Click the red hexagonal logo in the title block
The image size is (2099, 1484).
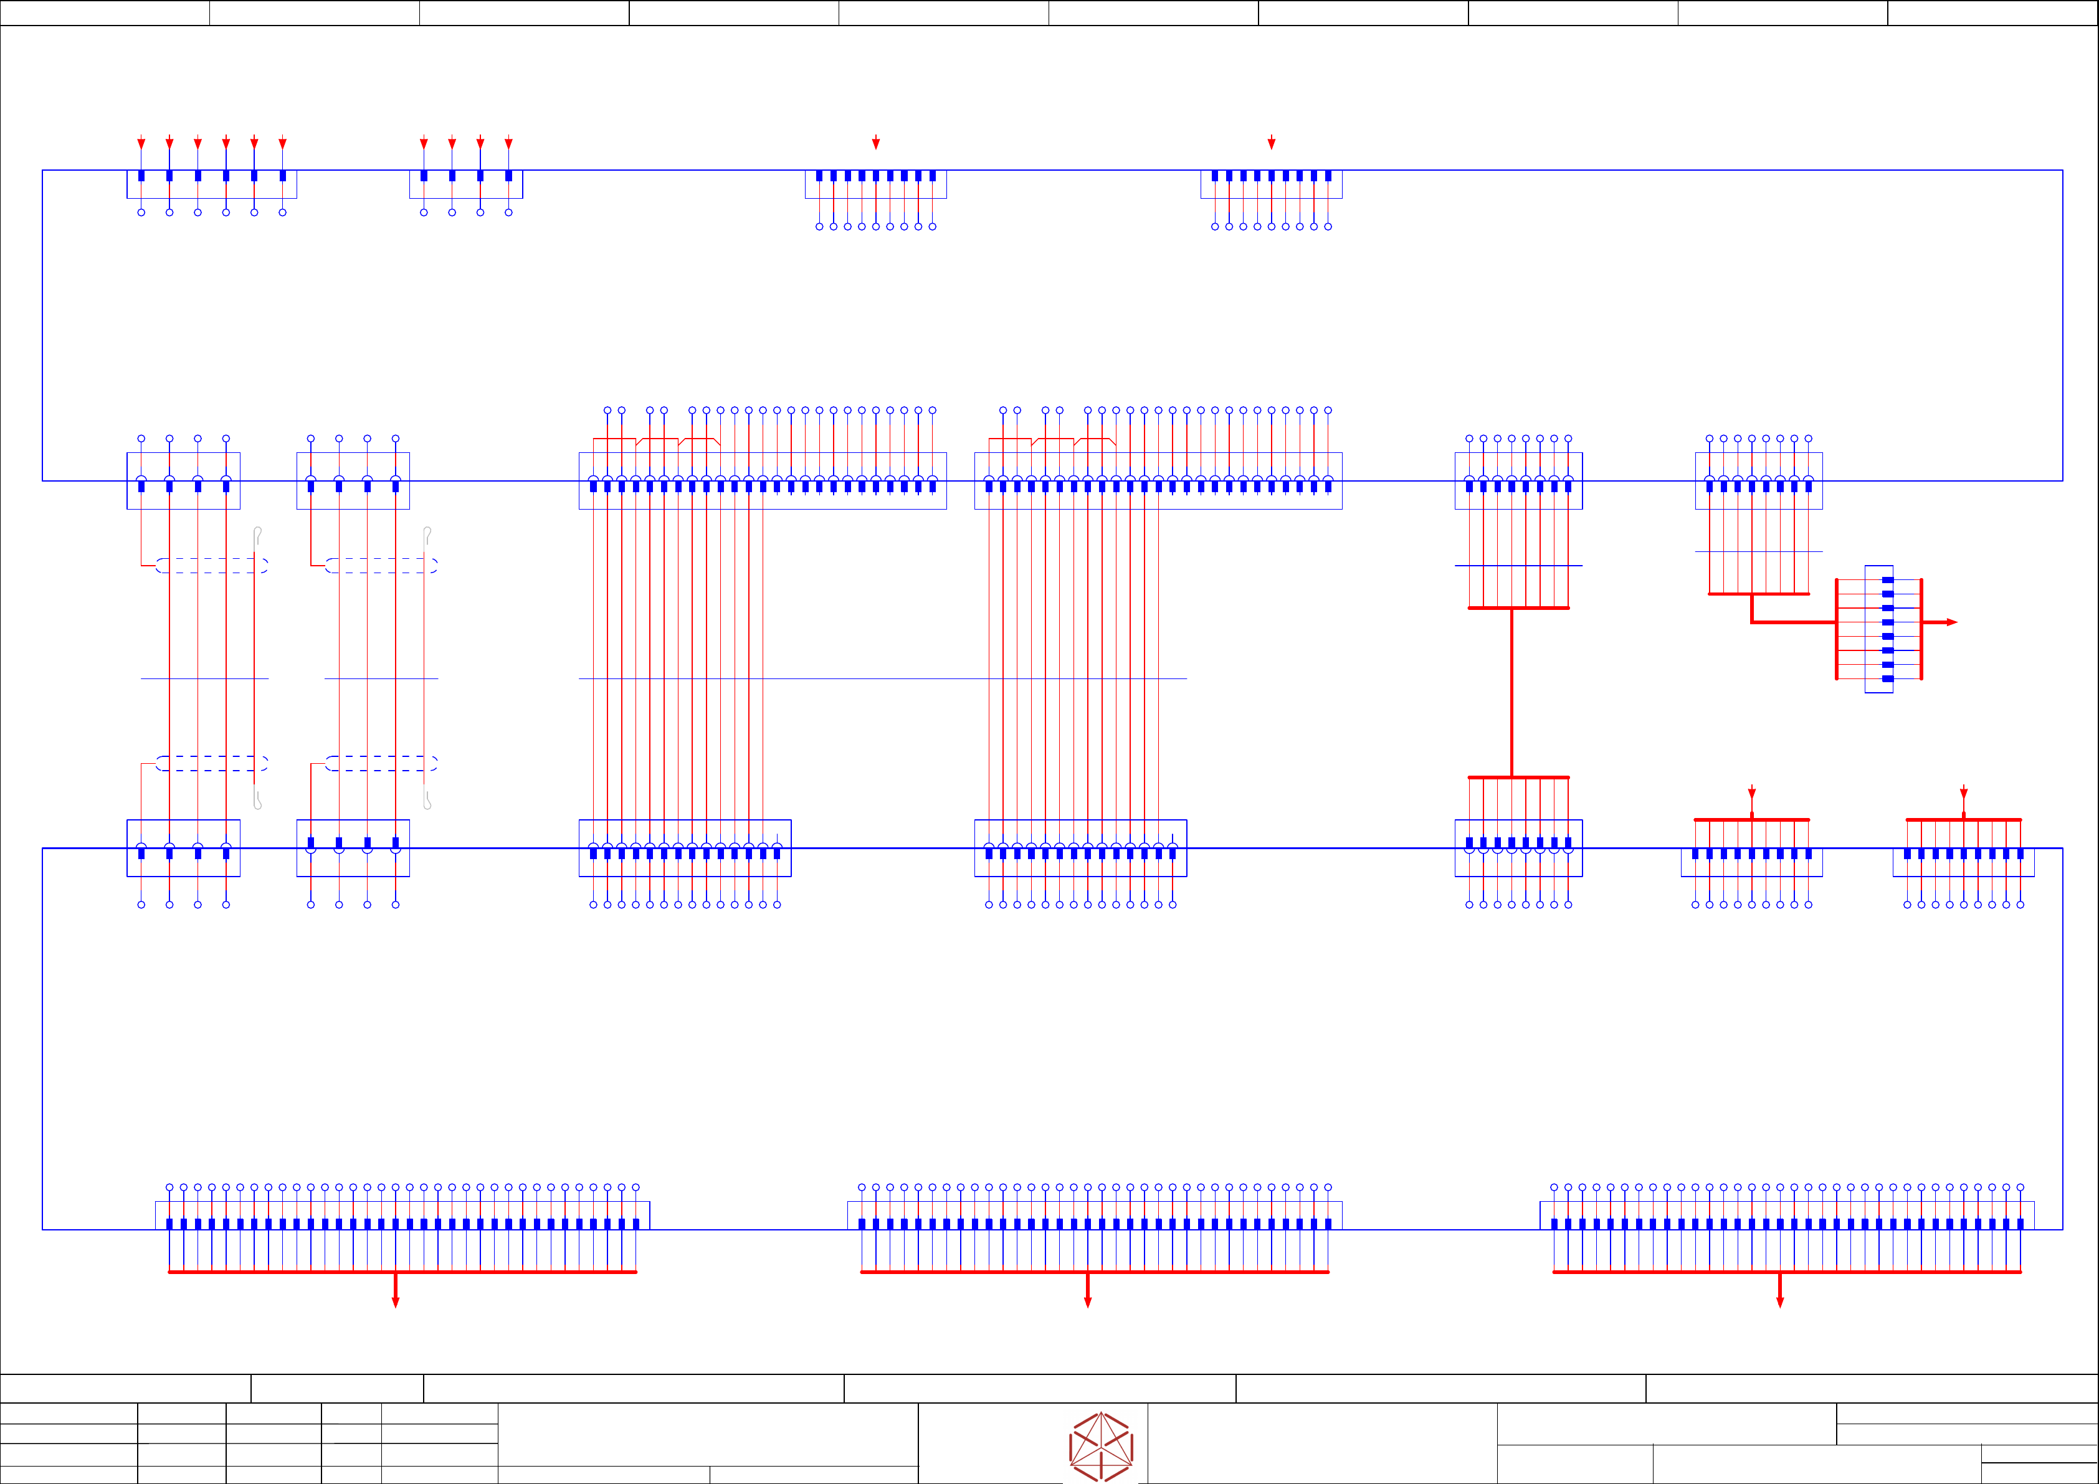coord(1101,1447)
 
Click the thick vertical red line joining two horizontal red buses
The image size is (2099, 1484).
coord(1511,692)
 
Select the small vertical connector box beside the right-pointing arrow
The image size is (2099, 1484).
coord(1878,629)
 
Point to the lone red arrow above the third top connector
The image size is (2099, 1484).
coord(876,143)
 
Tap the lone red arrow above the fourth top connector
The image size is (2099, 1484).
coord(1271,143)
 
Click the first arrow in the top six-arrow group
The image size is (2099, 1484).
coord(141,143)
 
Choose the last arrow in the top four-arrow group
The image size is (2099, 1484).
coord(508,143)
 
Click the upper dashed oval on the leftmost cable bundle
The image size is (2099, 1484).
coord(211,566)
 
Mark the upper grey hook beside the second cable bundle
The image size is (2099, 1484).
coord(427,535)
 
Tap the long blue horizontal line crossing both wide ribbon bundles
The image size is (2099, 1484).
coord(882,678)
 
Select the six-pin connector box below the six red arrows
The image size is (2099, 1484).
coord(211,184)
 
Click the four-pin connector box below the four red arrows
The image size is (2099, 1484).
coord(465,184)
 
